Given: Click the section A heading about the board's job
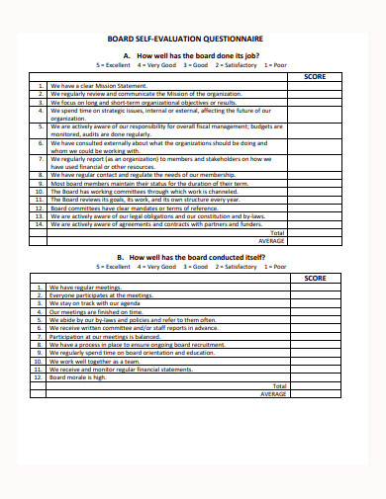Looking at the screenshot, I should pyautogui.click(x=193, y=55).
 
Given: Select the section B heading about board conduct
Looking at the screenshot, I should pyautogui.click(x=193, y=257).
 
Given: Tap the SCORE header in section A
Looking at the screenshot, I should pyautogui.click(x=315, y=76).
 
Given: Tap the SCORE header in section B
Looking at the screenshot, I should pyautogui.click(x=315, y=279).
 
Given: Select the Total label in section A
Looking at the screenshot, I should pyautogui.click(x=278, y=232).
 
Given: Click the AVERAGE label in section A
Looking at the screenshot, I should pyautogui.click(x=272, y=240).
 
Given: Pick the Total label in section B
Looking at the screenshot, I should pyautogui.click(x=278, y=385).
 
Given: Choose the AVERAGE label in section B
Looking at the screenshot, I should pyautogui.click(x=272, y=393).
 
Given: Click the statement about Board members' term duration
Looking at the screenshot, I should pyautogui.click(x=140, y=183).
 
